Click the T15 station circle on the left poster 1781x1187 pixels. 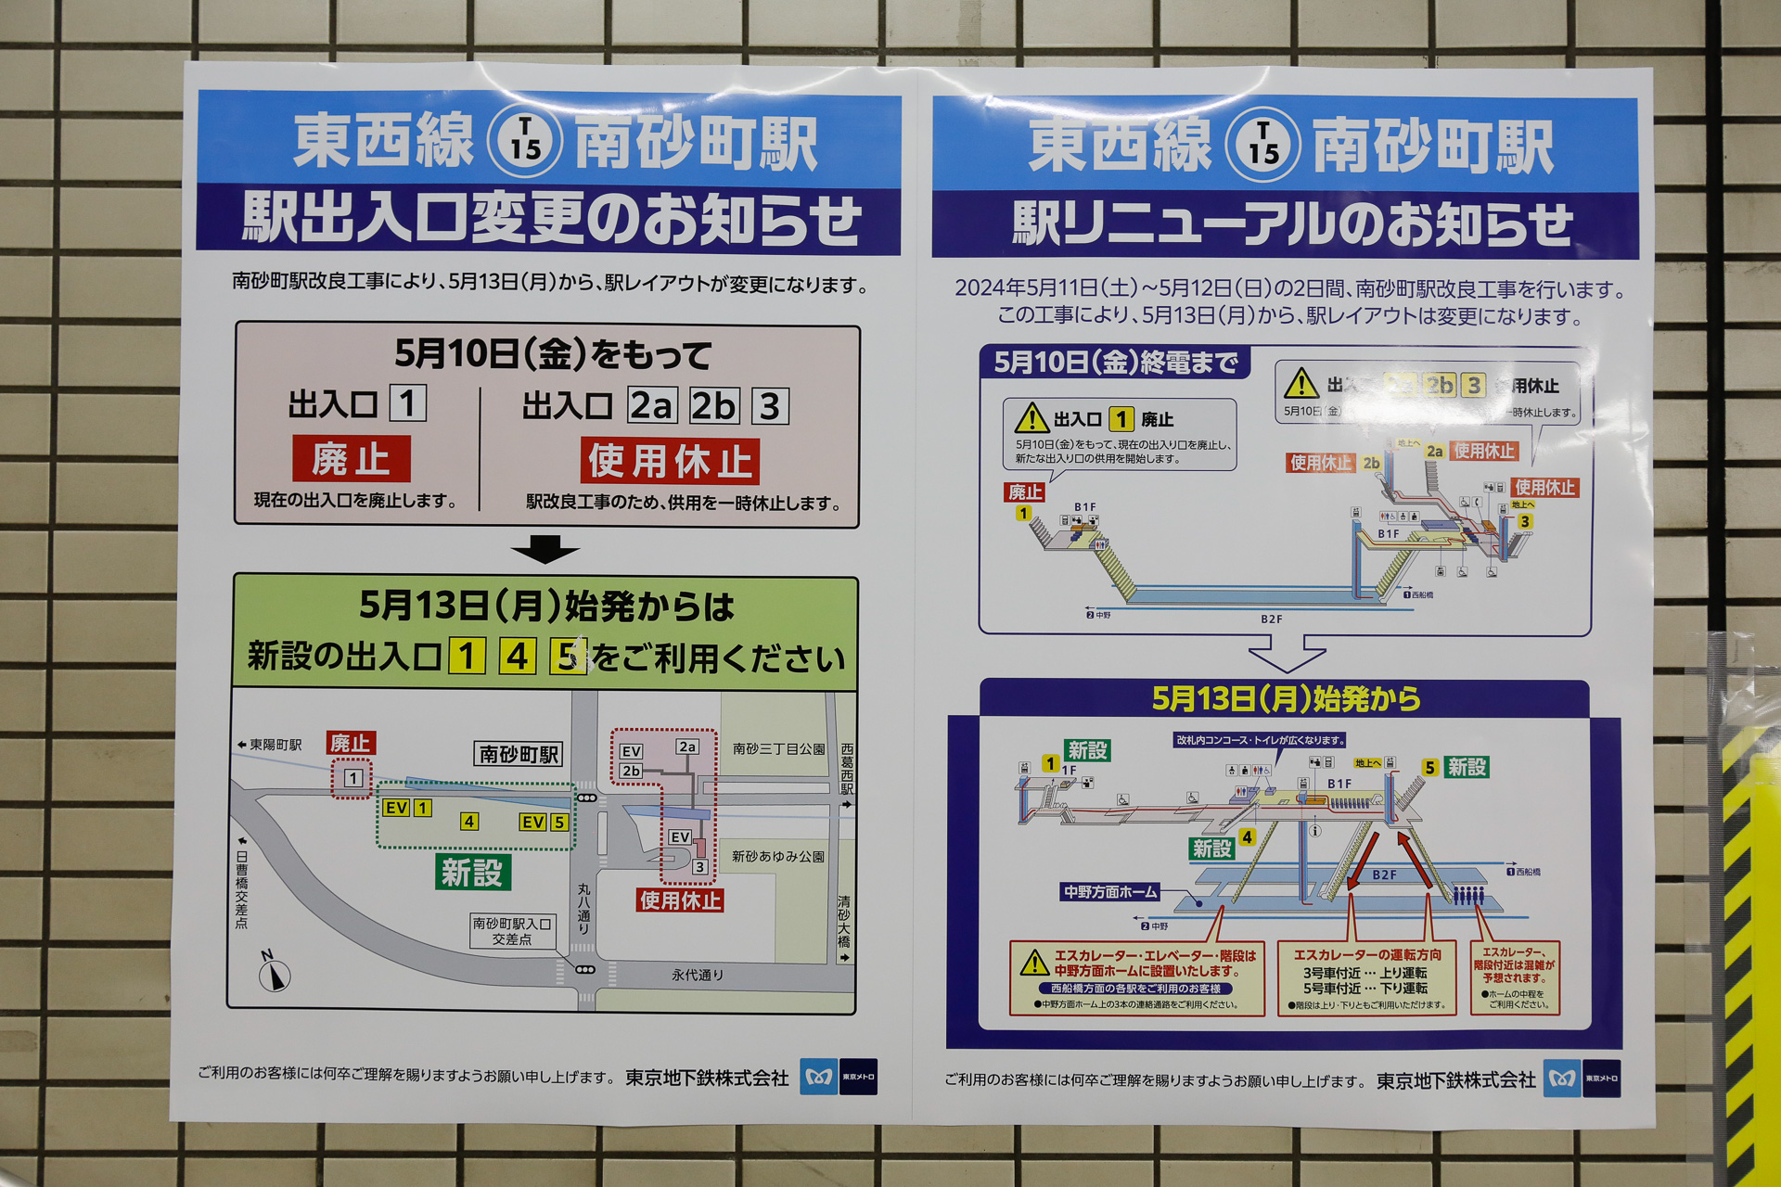pyautogui.click(x=525, y=141)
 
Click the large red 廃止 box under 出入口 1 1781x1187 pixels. pyautogui.click(x=351, y=459)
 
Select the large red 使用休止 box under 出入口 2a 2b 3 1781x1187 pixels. pyautogui.click(x=670, y=461)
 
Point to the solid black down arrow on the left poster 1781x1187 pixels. pyautogui.click(x=545, y=549)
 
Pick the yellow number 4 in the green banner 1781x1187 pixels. pyautogui.click(x=518, y=657)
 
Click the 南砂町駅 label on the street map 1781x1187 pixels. pyautogui.click(x=519, y=754)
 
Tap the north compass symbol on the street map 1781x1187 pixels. pyautogui.click(x=274, y=973)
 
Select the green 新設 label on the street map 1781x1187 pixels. pyautogui.click(x=472, y=872)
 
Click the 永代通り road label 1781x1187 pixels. pyautogui.click(x=698, y=975)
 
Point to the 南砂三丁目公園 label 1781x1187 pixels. pyautogui.click(x=778, y=748)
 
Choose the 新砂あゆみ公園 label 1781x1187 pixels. pyautogui.click(x=777, y=856)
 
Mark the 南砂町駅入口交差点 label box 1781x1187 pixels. pyautogui.click(x=512, y=931)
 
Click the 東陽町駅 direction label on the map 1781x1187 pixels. pyautogui.click(x=270, y=745)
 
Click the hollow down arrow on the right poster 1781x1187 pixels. pyautogui.click(x=1287, y=652)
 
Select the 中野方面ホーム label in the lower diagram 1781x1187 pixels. pyautogui.click(x=1110, y=892)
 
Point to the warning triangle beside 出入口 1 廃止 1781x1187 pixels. pyautogui.click(x=1031, y=418)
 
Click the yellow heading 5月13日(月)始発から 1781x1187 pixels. pyautogui.click(x=1286, y=698)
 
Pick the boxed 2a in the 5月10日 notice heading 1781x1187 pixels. pyautogui.click(x=652, y=406)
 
